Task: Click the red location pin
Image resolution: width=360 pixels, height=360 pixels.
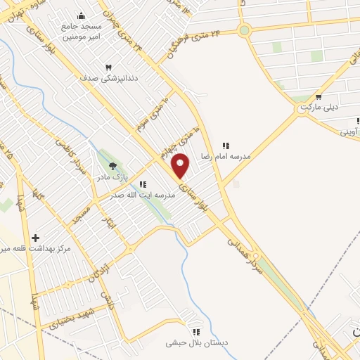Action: pyautogui.click(x=181, y=166)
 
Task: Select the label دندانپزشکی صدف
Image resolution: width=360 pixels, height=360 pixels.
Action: pyautogui.click(x=110, y=79)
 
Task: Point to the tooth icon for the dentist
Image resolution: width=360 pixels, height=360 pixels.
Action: pyautogui.click(x=109, y=67)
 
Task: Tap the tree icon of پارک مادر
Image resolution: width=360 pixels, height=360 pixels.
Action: pyautogui.click(x=112, y=166)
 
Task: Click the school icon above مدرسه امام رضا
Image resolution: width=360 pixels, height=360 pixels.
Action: pyautogui.click(x=226, y=145)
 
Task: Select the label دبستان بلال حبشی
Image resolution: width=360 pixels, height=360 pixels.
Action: pyautogui.click(x=197, y=343)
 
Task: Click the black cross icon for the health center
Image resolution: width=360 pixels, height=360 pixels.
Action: pyautogui.click(x=35, y=238)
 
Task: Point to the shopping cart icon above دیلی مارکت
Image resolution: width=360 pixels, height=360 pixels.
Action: pyautogui.click(x=319, y=97)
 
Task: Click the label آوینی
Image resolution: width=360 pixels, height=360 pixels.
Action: pyautogui.click(x=351, y=131)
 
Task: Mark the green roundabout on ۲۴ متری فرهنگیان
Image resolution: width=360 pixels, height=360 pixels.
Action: pyautogui.click(x=244, y=30)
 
